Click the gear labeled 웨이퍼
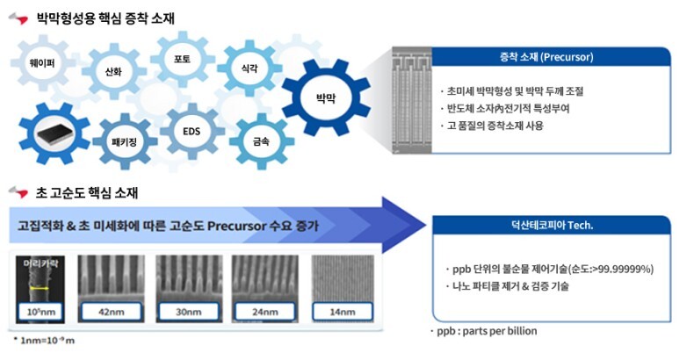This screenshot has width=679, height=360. (38, 62)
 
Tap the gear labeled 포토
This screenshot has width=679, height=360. (182, 61)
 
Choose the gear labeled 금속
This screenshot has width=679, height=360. (261, 139)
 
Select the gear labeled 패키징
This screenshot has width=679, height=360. (125, 140)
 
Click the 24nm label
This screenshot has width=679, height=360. (264, 311)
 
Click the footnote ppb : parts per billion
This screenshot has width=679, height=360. (486, 331)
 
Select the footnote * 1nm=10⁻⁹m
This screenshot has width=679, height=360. (47, 339)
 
